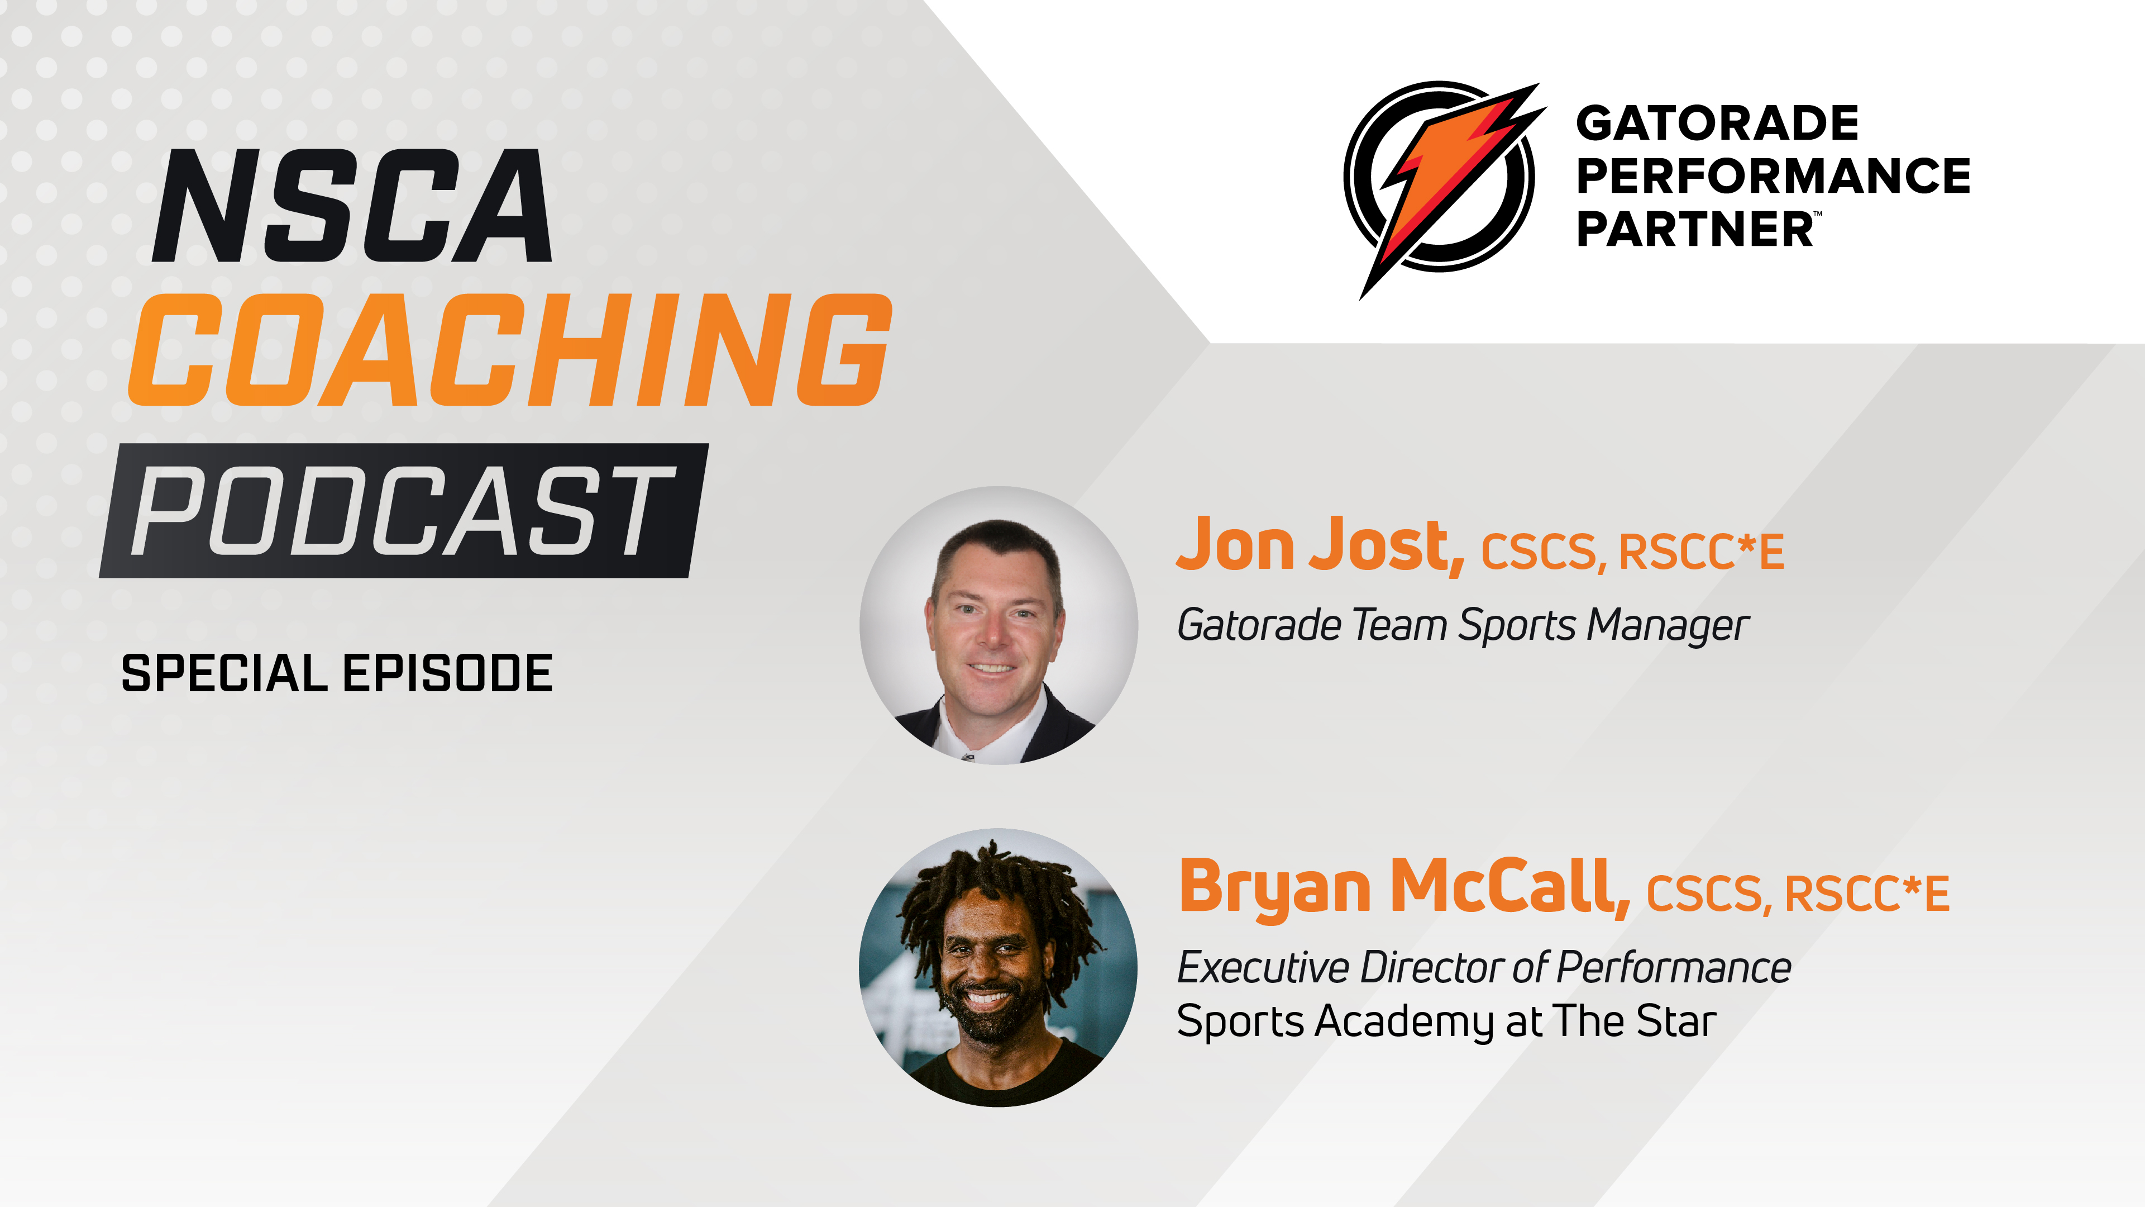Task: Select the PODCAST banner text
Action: (403, 511)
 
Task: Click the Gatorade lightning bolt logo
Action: (1441, 179)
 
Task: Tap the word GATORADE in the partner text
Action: (1717, 123)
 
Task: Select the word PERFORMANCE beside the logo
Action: (1773, 176)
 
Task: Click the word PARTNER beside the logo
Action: (1694, 229)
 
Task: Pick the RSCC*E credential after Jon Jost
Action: (1701, 552)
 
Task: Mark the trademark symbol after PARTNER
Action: (1818, 214)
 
